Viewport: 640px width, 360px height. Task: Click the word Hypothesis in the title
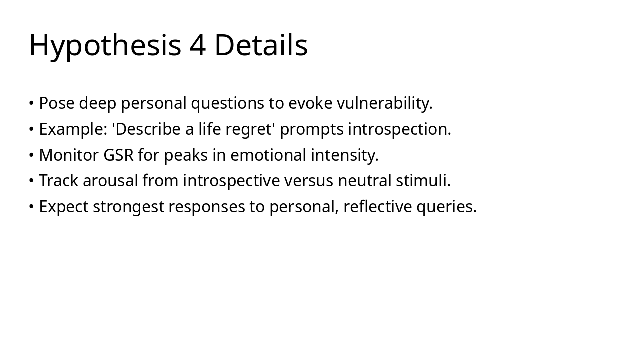click(x=105, y=45)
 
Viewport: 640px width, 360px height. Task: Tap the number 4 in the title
click(x=197, y=45)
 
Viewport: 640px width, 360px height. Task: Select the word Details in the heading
click(x=261, y=45)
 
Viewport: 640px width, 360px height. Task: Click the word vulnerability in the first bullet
click(x=384, y=103)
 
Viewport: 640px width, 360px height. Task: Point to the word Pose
click(x=56, y=103)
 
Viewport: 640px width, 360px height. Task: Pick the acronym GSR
click(x=118, y=155)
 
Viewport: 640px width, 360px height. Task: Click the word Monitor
click(x=69, y=155)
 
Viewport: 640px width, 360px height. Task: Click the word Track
click(x=59, y=181)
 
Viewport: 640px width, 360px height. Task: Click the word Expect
click(x=64, y=207)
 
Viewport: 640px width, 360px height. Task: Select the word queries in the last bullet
click(x=446, y=207)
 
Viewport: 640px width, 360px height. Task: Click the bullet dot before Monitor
click(x=31, y=155)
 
